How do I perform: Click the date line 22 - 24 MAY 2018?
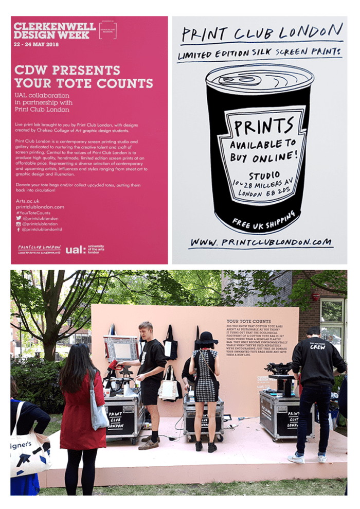(36, 44)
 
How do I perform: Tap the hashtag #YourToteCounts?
(33, 213)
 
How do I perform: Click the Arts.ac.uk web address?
(26, 201)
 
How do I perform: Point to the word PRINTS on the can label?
(260, 124)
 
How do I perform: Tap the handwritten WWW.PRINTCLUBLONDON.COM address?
(261, 241)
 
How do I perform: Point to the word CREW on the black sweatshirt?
(317, 347)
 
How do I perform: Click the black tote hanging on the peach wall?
(170, 347)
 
